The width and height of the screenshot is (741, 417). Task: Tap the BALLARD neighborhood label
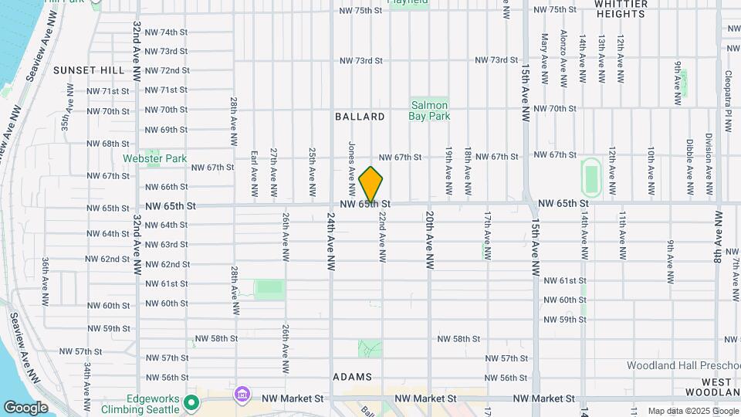[360, 117]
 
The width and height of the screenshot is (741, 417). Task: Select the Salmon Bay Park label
[429, 110]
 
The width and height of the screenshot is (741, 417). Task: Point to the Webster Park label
[155, 158]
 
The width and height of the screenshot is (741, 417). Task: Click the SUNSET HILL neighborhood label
[89, 70]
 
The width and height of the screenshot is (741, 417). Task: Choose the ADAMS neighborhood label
[353, 377]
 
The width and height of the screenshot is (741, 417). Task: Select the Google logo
[25, 407]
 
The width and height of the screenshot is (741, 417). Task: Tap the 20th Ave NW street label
[428, 240]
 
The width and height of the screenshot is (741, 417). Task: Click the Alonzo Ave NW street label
[564, 59]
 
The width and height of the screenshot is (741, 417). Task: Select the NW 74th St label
[166, 32]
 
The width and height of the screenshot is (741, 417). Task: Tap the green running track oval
[592, 178]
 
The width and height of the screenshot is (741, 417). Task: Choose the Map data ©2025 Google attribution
[692, 411]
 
